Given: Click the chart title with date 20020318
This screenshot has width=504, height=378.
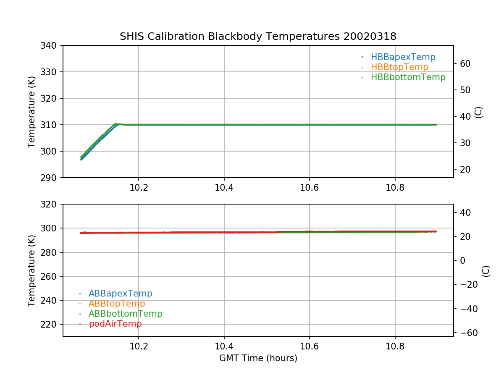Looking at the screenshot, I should [258, 37].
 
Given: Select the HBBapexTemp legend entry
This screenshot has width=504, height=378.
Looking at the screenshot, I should [403, 57].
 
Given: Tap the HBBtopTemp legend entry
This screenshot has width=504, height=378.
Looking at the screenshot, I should [399, 67].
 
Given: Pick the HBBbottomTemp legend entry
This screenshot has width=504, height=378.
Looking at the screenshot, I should [408, 77].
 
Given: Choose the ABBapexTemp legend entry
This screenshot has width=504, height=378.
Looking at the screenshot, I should [120, 294].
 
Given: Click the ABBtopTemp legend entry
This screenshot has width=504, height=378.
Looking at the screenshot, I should [117, 304].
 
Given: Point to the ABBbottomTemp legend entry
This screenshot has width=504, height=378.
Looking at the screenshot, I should [125, 314].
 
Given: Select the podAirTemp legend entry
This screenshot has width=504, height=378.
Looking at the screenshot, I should [115, 324].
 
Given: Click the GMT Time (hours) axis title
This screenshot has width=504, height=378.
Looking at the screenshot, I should [258, 358].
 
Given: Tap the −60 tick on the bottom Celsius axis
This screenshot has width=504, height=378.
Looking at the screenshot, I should [465, 333].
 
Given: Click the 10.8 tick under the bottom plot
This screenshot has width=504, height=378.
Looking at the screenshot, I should [395, 346].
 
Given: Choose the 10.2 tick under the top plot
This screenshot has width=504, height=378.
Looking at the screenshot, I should [139, 188].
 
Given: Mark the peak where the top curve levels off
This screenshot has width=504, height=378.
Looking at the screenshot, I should [116, 124].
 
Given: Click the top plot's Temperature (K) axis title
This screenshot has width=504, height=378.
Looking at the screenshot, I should [31, 111].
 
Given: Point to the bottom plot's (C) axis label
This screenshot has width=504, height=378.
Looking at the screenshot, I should [486, 270].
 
